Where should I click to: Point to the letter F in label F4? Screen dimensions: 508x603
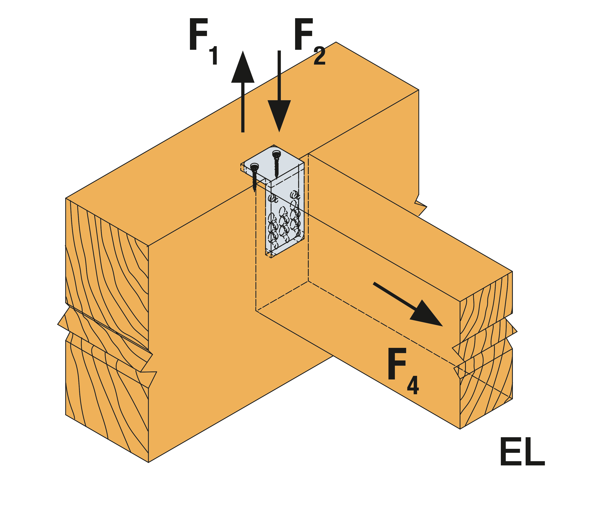coord(397,363)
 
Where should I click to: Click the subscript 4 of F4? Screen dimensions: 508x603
coord(413,386)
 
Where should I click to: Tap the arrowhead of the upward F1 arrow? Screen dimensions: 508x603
coord(243,69)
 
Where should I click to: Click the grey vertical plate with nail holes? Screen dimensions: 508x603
coord(284,219)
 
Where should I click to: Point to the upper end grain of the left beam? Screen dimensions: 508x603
coord(107,268)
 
